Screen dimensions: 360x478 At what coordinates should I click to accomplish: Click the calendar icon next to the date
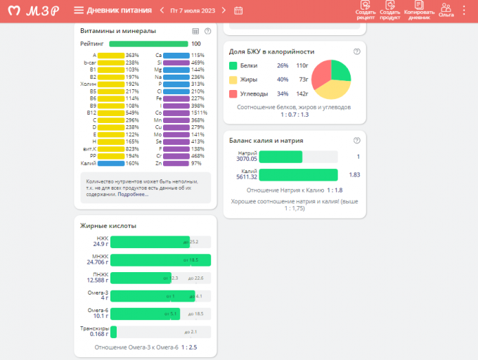[x=238, y=11]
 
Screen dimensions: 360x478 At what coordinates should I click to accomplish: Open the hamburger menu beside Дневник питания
[x=79, y=11]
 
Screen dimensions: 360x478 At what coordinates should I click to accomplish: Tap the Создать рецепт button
[x=366, y=11]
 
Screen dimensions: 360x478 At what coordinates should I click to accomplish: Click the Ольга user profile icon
[x=446, y=10]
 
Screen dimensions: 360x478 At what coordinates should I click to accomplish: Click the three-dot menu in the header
[x=464, y=11]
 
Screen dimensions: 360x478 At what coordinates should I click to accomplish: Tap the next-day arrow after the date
[x=224, y=11]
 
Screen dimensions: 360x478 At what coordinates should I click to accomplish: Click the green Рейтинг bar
[x=148, y=44]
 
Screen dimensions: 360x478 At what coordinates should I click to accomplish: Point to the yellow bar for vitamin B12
[x=111, y=112]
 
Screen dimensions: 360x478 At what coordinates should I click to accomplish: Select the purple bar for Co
[x=176, y=112]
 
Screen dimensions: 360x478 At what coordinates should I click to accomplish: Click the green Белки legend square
[x=233, y=65]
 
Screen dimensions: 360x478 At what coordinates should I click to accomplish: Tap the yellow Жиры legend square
[x=233, y=79]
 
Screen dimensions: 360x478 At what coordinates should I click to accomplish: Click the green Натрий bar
[x=280, y=157]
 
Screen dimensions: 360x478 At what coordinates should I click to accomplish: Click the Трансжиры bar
[x=114, y=332]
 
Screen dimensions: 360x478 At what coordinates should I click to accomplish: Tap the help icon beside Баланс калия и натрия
[x=357, y=140]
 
